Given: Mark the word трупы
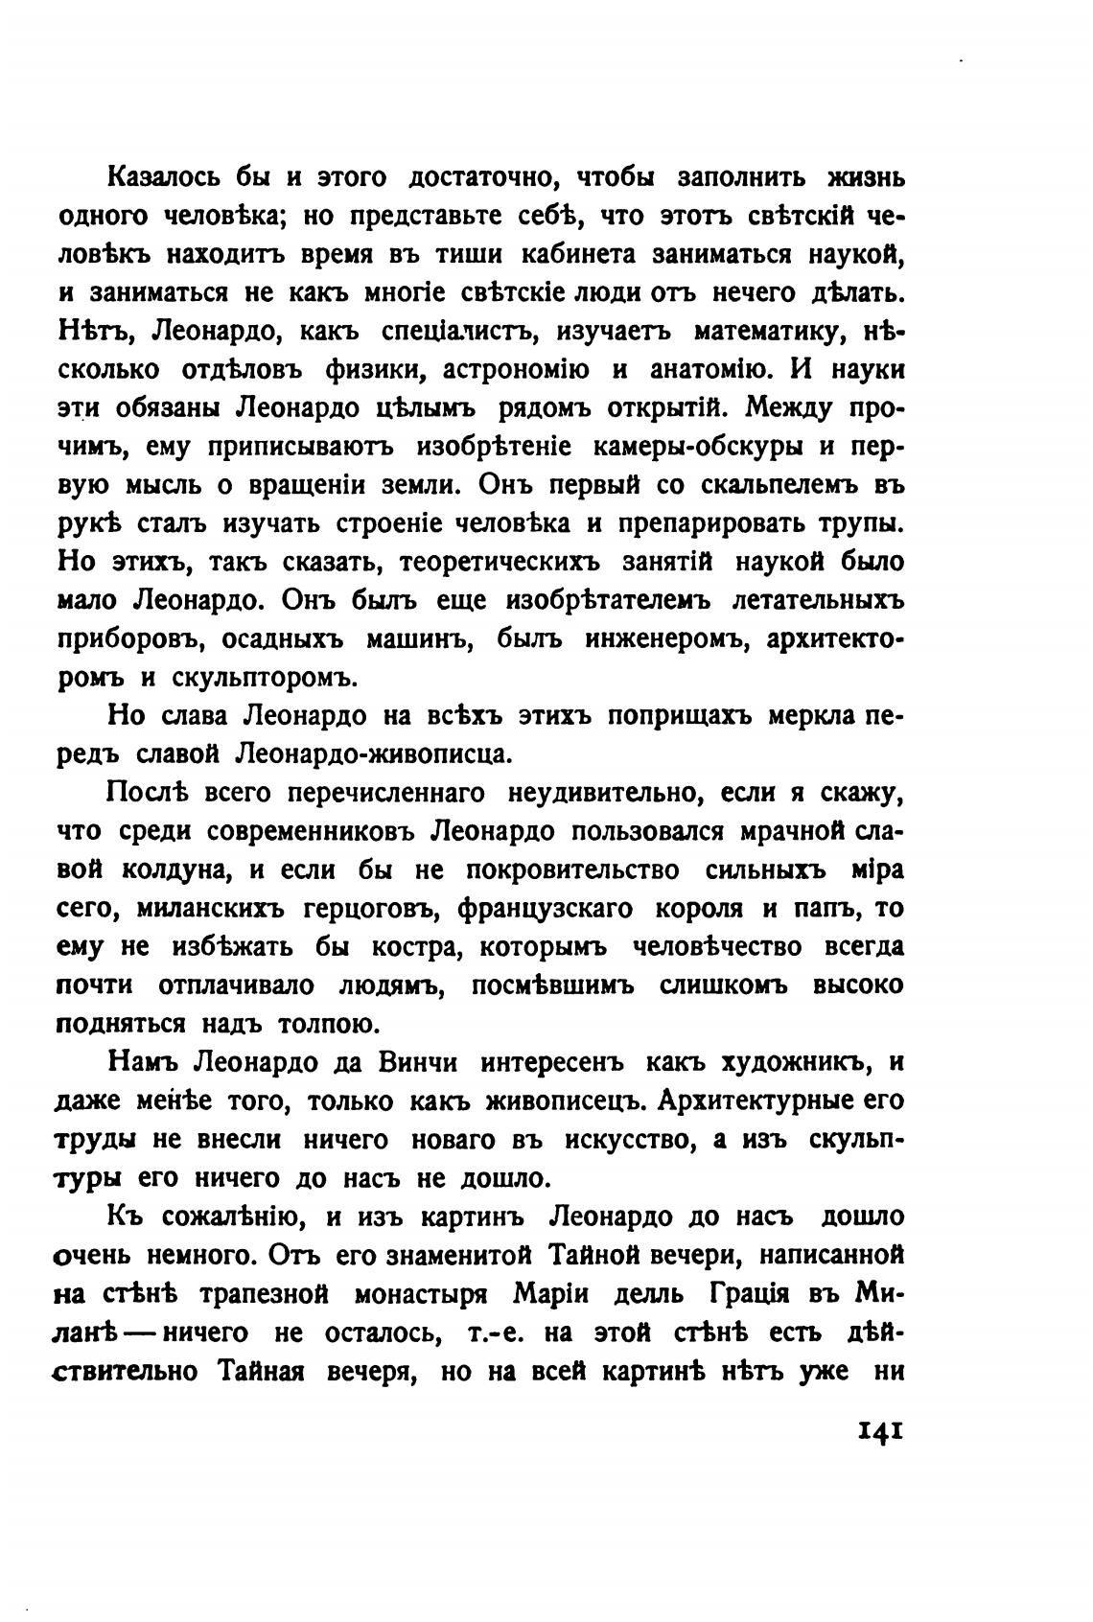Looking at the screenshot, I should tap(857, 524).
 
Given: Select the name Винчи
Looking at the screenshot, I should tap(419, 1063).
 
